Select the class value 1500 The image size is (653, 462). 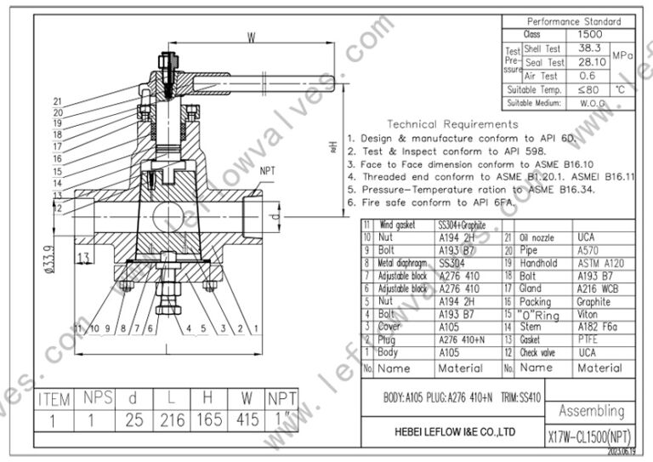tap(589, 35)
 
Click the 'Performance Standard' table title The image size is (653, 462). tap(574, 21)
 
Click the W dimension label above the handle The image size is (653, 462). tap(252, 37)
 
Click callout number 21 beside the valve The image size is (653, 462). tap(58, 101)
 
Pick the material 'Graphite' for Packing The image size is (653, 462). tap(595, 301)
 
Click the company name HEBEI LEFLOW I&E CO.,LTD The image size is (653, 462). tap(453, 431)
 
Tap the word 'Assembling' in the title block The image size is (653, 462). tap(591, 411)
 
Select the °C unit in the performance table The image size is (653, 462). tap(620, 88)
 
